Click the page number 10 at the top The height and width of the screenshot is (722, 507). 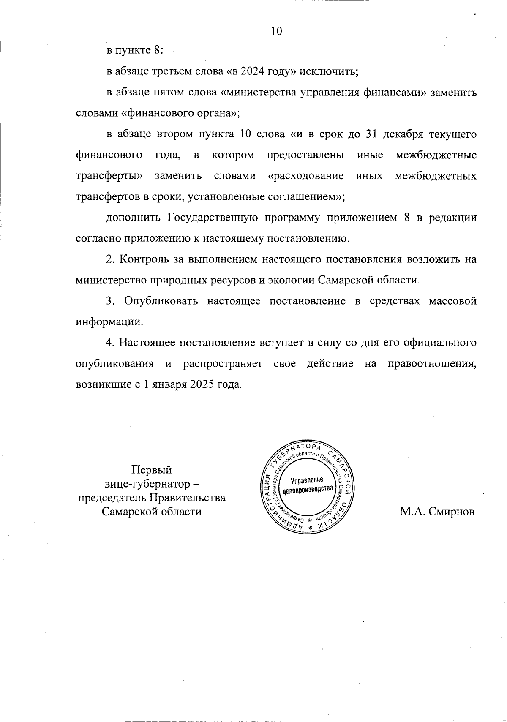coord(276,31)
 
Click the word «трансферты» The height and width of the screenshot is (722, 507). coord(109,175)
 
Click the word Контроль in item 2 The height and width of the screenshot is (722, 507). coord(144,259)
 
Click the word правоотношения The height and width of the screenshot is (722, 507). coord(432,364)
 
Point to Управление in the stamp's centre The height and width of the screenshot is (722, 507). coord(307,480)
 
